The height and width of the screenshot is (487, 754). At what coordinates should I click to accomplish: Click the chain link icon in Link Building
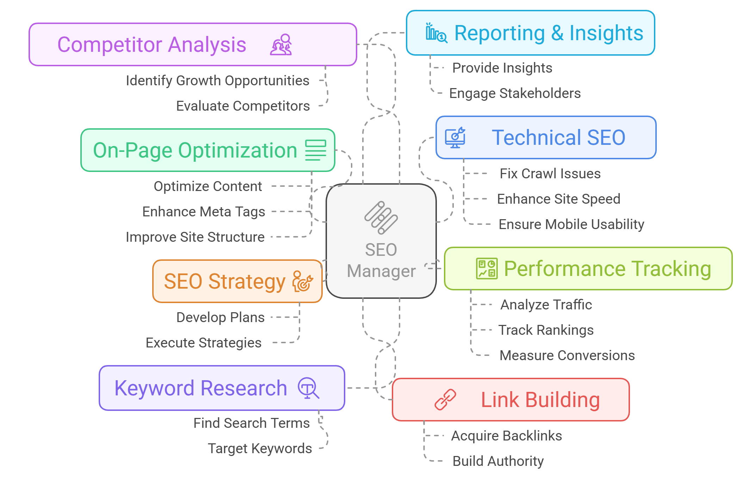(x=445, y=400)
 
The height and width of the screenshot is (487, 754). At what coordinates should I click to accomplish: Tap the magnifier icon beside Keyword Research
(x=308, y=388)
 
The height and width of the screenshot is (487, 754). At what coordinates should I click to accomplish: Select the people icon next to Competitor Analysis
(x=281, y=45)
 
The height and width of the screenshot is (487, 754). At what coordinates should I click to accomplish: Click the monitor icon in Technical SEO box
(x=455, y=138)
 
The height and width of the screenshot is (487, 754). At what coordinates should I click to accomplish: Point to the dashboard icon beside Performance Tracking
(x=487, y=269)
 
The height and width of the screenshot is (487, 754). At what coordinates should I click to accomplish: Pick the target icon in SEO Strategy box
(x=302, y=281)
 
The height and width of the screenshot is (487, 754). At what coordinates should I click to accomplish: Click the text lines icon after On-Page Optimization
(x=316, y=150)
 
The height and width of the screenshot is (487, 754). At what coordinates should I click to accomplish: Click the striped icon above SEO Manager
(x=381, y=217)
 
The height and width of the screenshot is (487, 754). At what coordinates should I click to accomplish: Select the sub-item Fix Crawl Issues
(x=550, y=174)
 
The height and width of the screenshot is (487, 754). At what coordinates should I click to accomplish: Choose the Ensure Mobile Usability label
(x=571, y=224)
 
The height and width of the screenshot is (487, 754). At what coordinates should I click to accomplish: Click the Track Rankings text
(x=546, y=330)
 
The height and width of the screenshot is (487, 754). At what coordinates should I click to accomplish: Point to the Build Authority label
(x=498, y=461)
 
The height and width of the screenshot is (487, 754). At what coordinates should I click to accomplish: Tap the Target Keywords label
(x=260, y=449)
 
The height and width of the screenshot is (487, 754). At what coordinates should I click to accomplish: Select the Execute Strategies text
(x=203, y=343)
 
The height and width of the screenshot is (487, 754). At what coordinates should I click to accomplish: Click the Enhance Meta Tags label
(x=203, y=212)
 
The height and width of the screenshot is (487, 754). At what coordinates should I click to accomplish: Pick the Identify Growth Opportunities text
(x=217, y=81)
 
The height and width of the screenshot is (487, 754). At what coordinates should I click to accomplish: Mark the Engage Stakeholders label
(x=515, y=93)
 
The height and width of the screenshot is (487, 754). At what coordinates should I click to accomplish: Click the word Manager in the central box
(x=381, y=271)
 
